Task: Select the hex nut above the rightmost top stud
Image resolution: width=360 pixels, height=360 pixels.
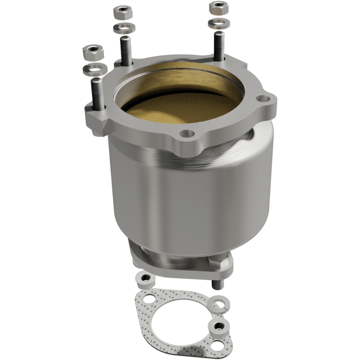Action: pos(218,7)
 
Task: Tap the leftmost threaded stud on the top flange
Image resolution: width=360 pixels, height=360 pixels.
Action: pos(98,92)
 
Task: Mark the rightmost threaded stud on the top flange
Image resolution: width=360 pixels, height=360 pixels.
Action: pos(219,45)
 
